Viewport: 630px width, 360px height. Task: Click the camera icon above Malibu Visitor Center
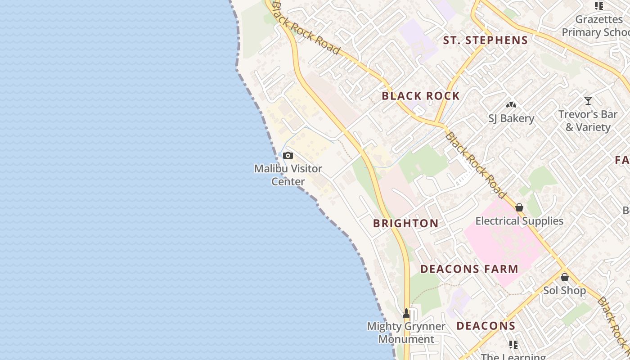pyautogui.click(x=288, y=156)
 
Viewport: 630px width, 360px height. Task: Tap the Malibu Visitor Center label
pyautogui.click(x=288, y=175)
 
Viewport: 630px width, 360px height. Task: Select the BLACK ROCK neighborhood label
pyautogui.click(x=421, y=96)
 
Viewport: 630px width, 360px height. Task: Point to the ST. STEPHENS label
pyautogui.click(x=486, y=40)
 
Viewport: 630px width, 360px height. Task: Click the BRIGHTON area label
pyautogui.click(x=406, y=223)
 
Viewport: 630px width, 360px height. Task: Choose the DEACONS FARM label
pyautogui.click(x=469, y=269)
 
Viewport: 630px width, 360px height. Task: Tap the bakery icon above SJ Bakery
pyautogui.click(x=511, y=105)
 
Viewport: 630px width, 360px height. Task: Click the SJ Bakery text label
pyautogui.click(x=511, y=118)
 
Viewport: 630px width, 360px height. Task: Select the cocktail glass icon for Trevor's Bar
pyautogui.click(x=588, y=101)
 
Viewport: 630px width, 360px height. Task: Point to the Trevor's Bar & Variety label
pyautogui.click(x=588, y=121)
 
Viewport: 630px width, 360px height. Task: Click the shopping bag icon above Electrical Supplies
pyautogui.click(x=519, y=207)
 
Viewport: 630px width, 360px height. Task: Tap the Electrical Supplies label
pyautogui.click(x=519, y=221)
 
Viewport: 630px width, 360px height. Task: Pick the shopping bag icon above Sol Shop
pyautogui.click(x=565, y=277)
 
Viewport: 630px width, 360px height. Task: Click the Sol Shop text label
pyautogui.click(x=564, y=291)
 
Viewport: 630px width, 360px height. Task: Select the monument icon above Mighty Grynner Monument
pyautogui.click(x=406, y=313)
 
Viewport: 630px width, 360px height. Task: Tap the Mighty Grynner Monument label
pyautogui.click(x=406, y=333)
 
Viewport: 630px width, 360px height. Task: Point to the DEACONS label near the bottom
pyautogui.click(x=486, y=326)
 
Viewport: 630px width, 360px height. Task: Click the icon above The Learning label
pyautogui.click(x=513, y=345)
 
